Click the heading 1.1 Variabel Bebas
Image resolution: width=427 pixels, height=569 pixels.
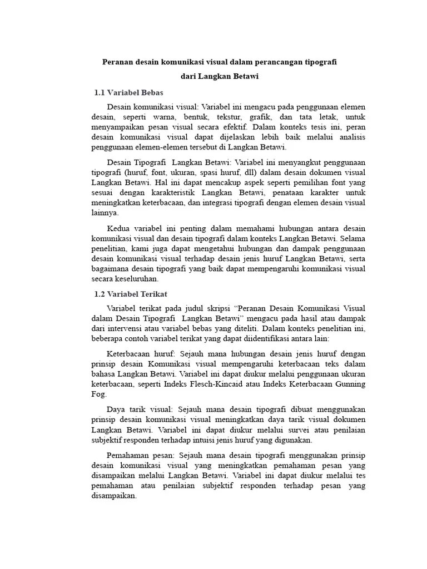point(128,92)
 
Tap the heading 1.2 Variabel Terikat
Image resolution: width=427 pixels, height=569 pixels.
point(131,293)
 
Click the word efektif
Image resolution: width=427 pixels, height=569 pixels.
point(232,127)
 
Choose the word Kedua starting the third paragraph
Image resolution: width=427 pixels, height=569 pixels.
point(118,228)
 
